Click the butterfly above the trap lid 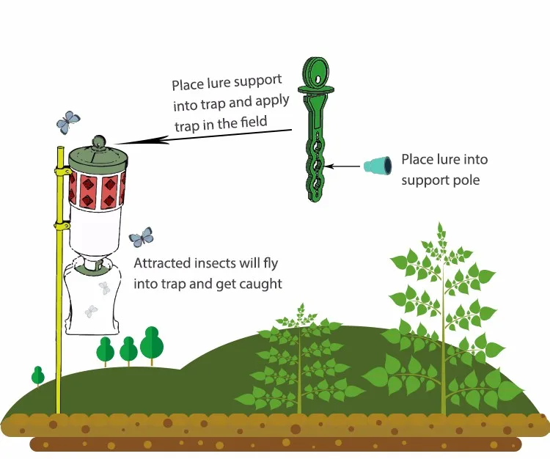[x=68, y=120]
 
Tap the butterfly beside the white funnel [x=141, y=237]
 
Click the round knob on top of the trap [x=99, y=142]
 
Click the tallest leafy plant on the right [x=442, y=323]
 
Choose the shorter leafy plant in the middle [x=299, y=359]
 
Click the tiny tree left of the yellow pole [x=38, y=375]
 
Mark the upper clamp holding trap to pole [x=59, y=172]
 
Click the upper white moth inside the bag [x=105, y=288]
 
